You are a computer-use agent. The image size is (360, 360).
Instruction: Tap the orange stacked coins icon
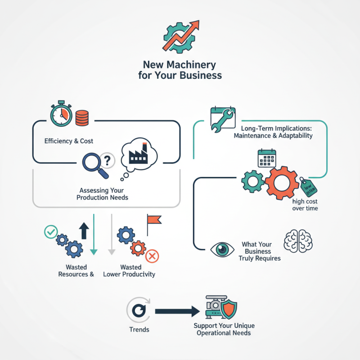pos(82,118)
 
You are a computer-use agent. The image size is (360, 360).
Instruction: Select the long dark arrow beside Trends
pos(177,310)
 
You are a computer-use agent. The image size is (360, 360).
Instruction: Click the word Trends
pos(139,329)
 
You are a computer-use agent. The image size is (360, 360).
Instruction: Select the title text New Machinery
pos(180,65)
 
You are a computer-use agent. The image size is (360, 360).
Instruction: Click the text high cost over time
pos(305,205)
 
